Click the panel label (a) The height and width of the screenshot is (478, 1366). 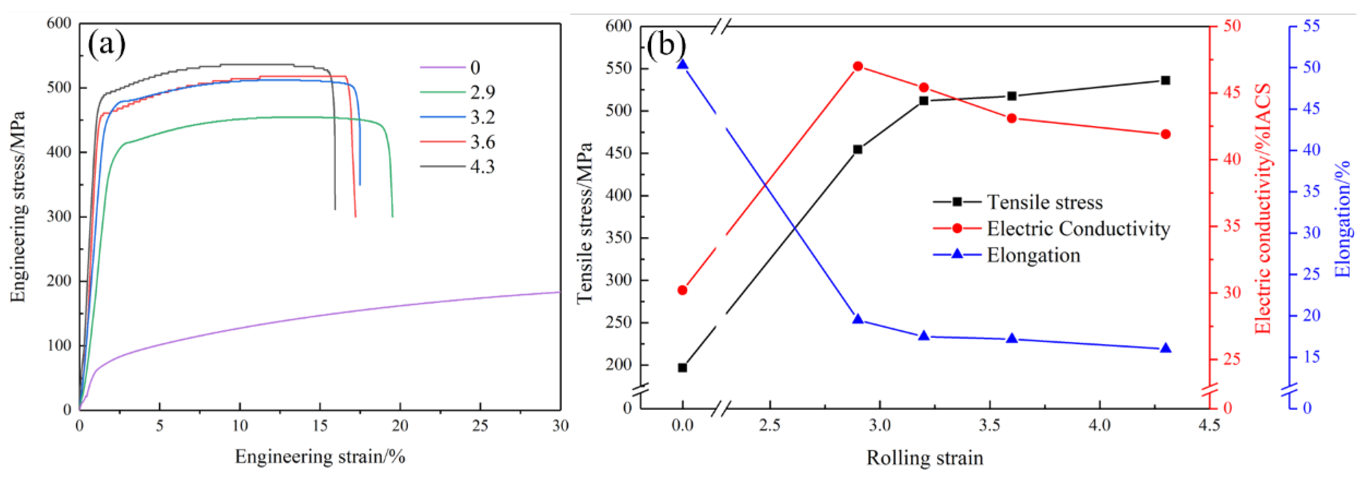(106, 44)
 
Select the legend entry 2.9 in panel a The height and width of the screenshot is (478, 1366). (482, 92)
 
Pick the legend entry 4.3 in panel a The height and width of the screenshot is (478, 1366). (482, 166)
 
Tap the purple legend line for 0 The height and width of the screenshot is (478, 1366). (442, 67)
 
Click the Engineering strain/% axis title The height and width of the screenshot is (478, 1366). (320, 456)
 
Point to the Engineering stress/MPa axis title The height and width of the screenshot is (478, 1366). (18, 207)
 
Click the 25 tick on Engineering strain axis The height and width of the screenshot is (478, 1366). (480, 426)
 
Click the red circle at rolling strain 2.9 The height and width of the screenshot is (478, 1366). (857, 66)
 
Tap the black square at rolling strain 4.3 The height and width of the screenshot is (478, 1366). (1165, 80)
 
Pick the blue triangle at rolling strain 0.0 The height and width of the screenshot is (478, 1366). (682, 65)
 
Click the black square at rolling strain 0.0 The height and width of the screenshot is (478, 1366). (682, 367)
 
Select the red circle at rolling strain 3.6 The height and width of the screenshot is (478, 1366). (1011, 118)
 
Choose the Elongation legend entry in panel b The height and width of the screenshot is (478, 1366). (1033, 255)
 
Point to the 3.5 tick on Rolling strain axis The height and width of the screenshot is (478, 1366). (989, 426)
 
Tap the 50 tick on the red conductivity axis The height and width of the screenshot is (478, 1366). (1232, 26)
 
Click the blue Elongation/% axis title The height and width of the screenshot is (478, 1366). (1342, 218)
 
